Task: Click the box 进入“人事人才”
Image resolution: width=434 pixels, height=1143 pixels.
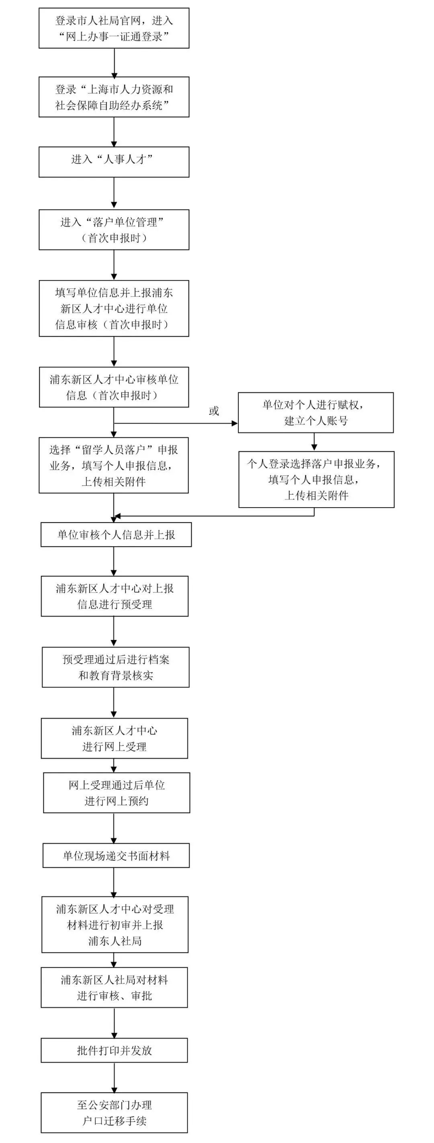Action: (x=114, y=162)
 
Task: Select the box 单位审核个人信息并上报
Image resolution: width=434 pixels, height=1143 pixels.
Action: (x=116, y=534)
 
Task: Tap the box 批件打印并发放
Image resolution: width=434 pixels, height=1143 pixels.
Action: (x=115, y=1050)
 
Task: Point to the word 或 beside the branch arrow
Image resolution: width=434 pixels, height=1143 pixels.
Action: (x=214, y=411)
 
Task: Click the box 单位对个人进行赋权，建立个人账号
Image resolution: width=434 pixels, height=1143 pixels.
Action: (x=316, y=412)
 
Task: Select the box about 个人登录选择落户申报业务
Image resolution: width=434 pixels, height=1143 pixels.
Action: (x=316, y=479)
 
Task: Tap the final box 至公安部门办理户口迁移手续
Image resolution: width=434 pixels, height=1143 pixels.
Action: (x=115, y=1112)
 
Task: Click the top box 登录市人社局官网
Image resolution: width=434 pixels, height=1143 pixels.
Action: (x=114, y=28)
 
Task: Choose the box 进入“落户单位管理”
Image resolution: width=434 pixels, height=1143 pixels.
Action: (x=114, y=229)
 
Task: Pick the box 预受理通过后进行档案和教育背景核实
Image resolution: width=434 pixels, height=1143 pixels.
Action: (x=116, y=667)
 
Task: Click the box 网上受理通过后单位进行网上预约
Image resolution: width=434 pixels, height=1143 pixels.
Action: (x=117, y=793)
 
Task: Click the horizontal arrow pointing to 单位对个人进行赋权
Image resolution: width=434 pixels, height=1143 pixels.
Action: (x=176, y=423)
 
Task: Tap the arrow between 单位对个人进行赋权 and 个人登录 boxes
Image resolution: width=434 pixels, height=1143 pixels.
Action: (x=314, y=442)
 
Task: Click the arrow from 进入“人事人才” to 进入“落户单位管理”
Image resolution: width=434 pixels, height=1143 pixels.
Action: (x=114, y=193)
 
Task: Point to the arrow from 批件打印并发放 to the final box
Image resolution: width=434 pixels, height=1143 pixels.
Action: (x=115, y=1078)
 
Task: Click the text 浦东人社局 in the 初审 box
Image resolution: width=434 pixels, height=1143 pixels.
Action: (x=115, y=941)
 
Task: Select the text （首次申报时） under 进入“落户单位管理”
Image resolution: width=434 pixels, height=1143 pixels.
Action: (x=114, y=238)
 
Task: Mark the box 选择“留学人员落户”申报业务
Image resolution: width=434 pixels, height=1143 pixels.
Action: (x=114, y=465)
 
